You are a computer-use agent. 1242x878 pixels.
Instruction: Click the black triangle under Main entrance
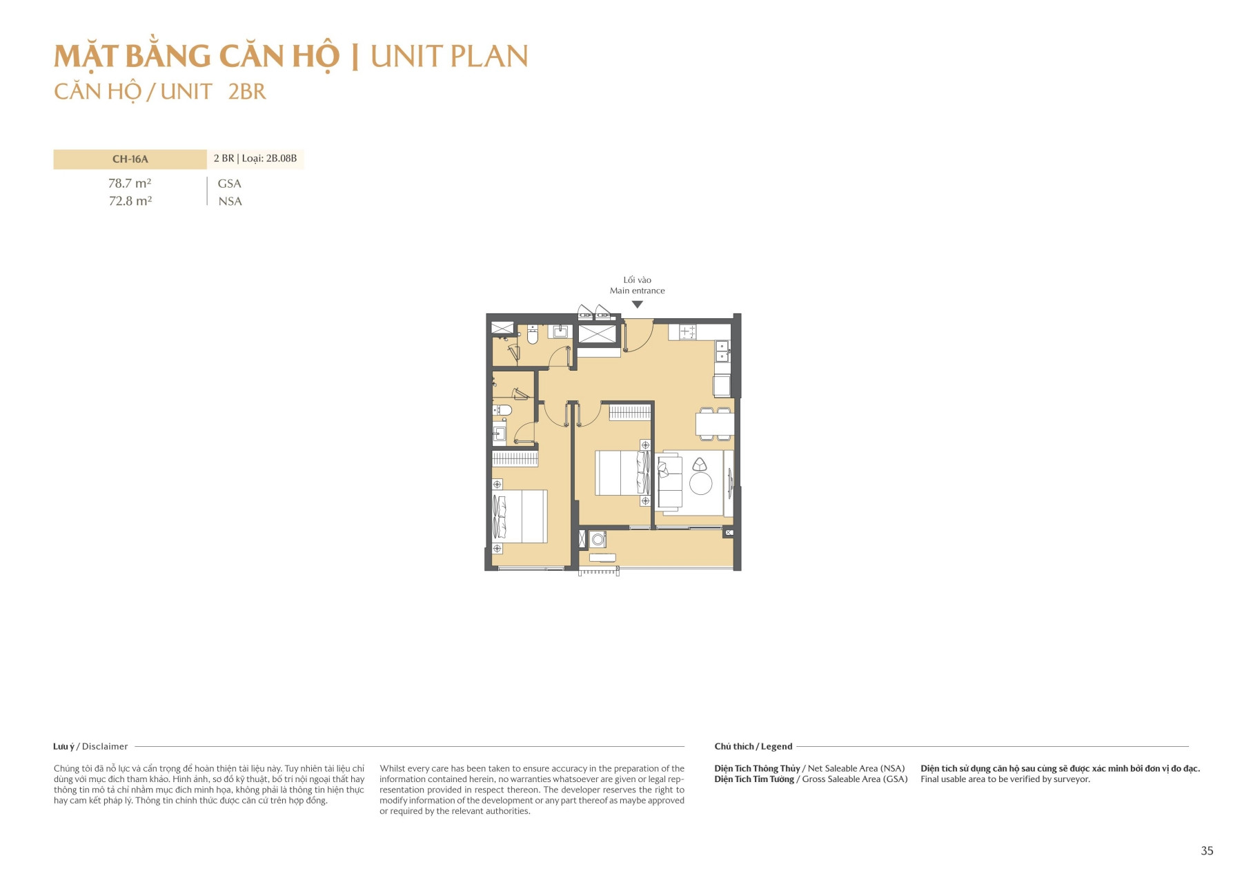point(638,304)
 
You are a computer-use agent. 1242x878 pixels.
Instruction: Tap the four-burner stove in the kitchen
point(687,332)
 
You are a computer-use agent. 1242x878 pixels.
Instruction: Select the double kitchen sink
point(722,351)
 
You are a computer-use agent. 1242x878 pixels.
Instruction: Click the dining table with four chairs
point(714,423)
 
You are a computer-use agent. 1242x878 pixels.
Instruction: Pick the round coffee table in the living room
point(700,483)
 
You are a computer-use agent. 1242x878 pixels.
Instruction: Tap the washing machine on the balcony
point(598,539)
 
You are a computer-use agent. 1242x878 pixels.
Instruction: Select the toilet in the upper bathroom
point(532,336)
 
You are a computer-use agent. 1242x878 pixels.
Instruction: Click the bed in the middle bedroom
point(621,473)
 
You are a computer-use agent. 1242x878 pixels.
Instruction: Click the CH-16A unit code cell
point(130,159)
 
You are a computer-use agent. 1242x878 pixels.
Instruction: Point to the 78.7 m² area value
point(130,184)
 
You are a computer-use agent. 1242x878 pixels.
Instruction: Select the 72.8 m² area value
point(130,201)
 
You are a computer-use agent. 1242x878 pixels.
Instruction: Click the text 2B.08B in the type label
point(282,159)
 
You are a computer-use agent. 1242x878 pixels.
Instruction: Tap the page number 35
point(1207,850)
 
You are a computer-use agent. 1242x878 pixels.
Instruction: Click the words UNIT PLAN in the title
point(449,57)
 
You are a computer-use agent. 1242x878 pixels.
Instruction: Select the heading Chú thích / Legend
point(753,746)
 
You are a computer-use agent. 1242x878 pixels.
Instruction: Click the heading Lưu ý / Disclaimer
point(90,746)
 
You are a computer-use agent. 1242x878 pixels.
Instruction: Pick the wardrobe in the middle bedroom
point(629,413)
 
